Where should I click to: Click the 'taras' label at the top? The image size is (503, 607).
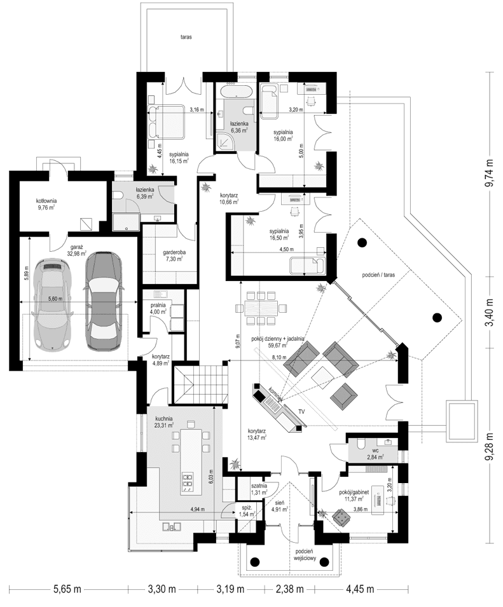(x=186, y=38)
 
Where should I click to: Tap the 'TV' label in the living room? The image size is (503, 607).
(x=301, y=412)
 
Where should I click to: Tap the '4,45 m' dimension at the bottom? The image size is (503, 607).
(x=361, y=589)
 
